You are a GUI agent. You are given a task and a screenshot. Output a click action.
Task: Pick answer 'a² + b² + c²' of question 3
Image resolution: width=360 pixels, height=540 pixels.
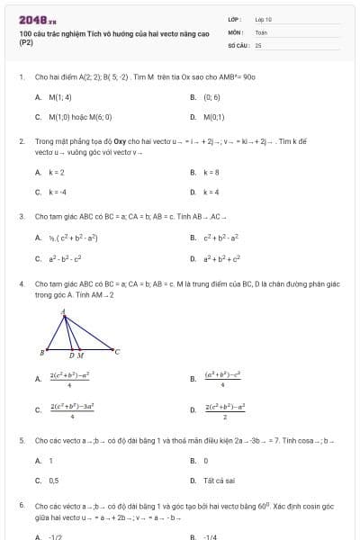pyautogui.click(x=223, y=258)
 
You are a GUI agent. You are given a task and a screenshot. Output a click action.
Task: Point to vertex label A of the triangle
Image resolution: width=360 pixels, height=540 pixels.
pyautogui.click(x=63, y=312)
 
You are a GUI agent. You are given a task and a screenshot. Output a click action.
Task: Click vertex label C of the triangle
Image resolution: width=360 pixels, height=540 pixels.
pyautogui.click(x=117, y=351)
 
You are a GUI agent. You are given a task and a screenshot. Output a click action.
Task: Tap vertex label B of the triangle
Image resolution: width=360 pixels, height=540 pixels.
pyautogui.click(x=42, y=352)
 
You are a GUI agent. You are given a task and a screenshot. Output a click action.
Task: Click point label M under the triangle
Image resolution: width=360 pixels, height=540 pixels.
pyautogui.click(x=81, y=356)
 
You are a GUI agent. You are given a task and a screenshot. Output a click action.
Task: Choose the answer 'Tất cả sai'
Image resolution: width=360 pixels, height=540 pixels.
pyautogui.click(x=217, y=480)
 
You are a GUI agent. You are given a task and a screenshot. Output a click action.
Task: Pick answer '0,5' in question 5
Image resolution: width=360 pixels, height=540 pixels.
pyautogui.click(x=53, y=480)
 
